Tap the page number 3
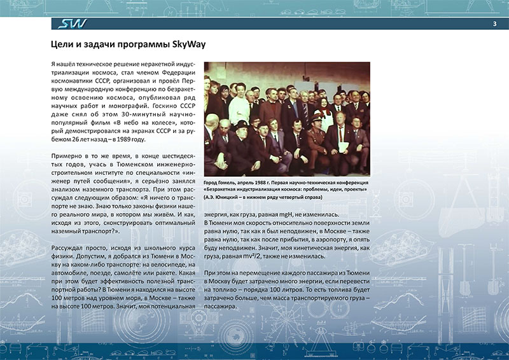click(x=494, y=24)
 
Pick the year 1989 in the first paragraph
click(x=129, y=139)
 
